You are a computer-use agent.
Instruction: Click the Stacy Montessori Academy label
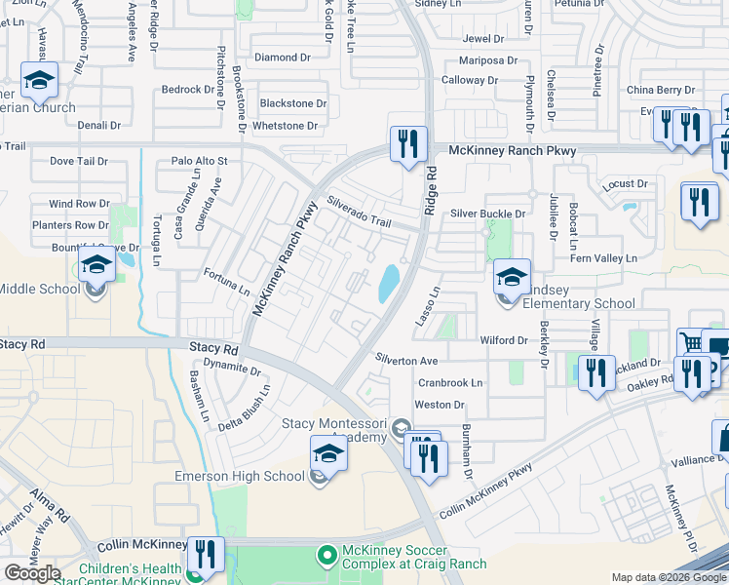click(x=334, y=430)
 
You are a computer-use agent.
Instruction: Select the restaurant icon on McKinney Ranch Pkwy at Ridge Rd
click(x=407, y=144)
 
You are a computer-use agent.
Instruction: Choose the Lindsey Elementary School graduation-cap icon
click(x=512, y=279)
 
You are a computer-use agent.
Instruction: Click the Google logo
click(x=33, y=572)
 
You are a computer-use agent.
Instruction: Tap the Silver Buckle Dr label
click(x=487, y=214)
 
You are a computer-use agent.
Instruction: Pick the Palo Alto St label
click(x=199, y=161)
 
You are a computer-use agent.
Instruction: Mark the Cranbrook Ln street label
click(x=449, y=383)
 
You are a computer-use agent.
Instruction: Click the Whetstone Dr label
click(x=285, y=126)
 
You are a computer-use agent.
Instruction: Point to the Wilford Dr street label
click(x=503, y=340)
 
